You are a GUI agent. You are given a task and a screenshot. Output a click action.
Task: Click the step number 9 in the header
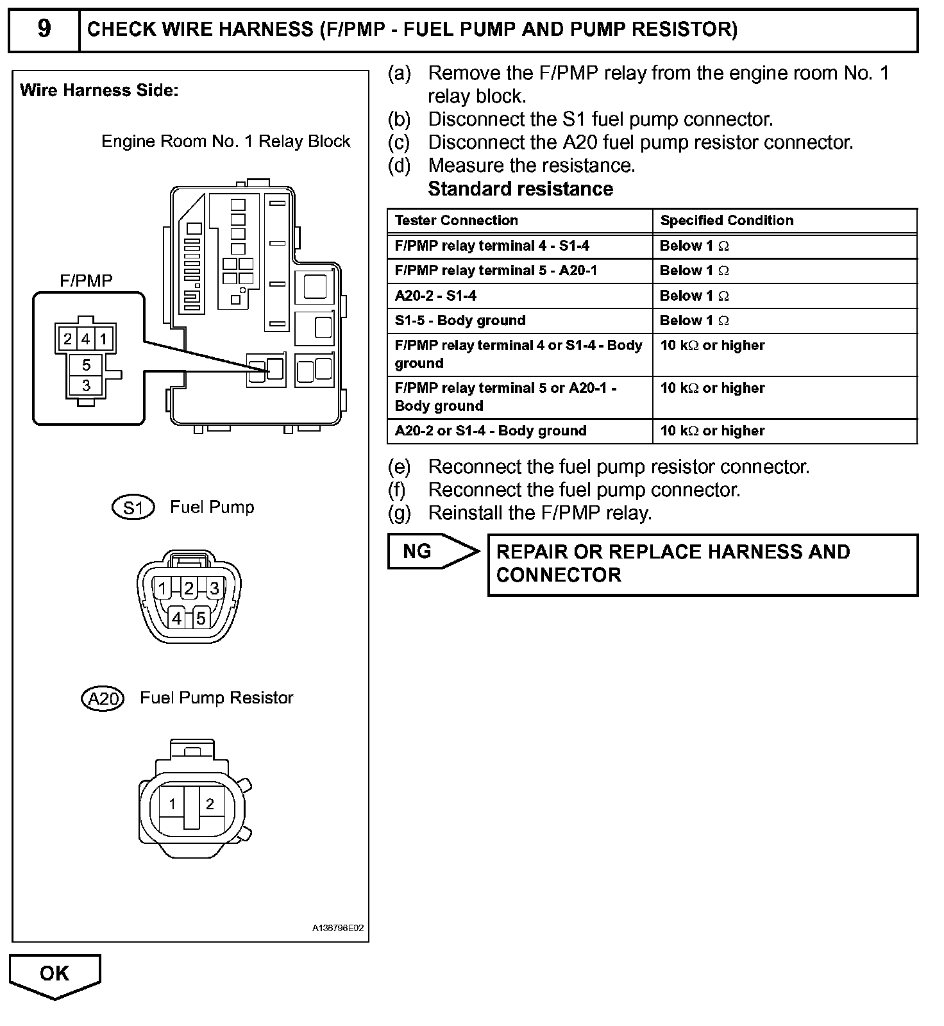pyautogui.click(x=44, y=29)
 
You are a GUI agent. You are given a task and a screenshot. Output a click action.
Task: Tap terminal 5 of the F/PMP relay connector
pyautogui.click(x=86, y=366)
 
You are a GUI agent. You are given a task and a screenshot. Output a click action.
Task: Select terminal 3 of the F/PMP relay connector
pyautogui.click(x=86, y=385)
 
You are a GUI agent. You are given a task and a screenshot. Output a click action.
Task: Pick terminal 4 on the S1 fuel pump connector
pyautogui.click(x=176, y=618)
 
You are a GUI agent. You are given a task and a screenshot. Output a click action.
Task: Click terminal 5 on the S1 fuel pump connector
pyautogui.click(x=201, y=618)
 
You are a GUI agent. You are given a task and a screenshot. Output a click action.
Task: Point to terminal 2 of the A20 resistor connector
pyautogui.click(x=210, y=804)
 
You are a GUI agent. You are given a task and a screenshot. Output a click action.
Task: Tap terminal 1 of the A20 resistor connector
pyautogui.click(x=172, y=804)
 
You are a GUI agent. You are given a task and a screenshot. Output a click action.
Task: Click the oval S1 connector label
pyautogui.click(x=133, y=508)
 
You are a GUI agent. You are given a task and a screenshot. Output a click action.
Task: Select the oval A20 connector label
pyautogui.click(x=103, y=698)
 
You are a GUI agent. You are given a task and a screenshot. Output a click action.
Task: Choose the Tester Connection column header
pyautogui.click(x=456, y=221)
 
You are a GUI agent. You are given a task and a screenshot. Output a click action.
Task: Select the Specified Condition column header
pyautogui.click(x=727, y=221)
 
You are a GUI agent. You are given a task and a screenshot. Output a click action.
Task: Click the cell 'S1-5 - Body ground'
pyautogui.click(x=460, y=321)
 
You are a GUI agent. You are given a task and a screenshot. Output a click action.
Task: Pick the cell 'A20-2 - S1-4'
pyautogui.click(x=435, y=296)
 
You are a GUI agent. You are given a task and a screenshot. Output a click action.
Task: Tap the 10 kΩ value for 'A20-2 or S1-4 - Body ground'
pyautogui.click(x=712, y=431)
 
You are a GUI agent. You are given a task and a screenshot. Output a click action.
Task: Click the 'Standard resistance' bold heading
pyautogui.click(x=520, y=189)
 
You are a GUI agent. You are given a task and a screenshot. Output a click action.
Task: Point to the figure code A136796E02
pyautogui.click(x=338, y=928)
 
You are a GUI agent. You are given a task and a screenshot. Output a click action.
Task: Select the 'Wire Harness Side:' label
pyautogui.click(x=99, y=90)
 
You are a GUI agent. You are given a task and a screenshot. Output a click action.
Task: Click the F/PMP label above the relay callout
pyautogui.click(x=86, y=281)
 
